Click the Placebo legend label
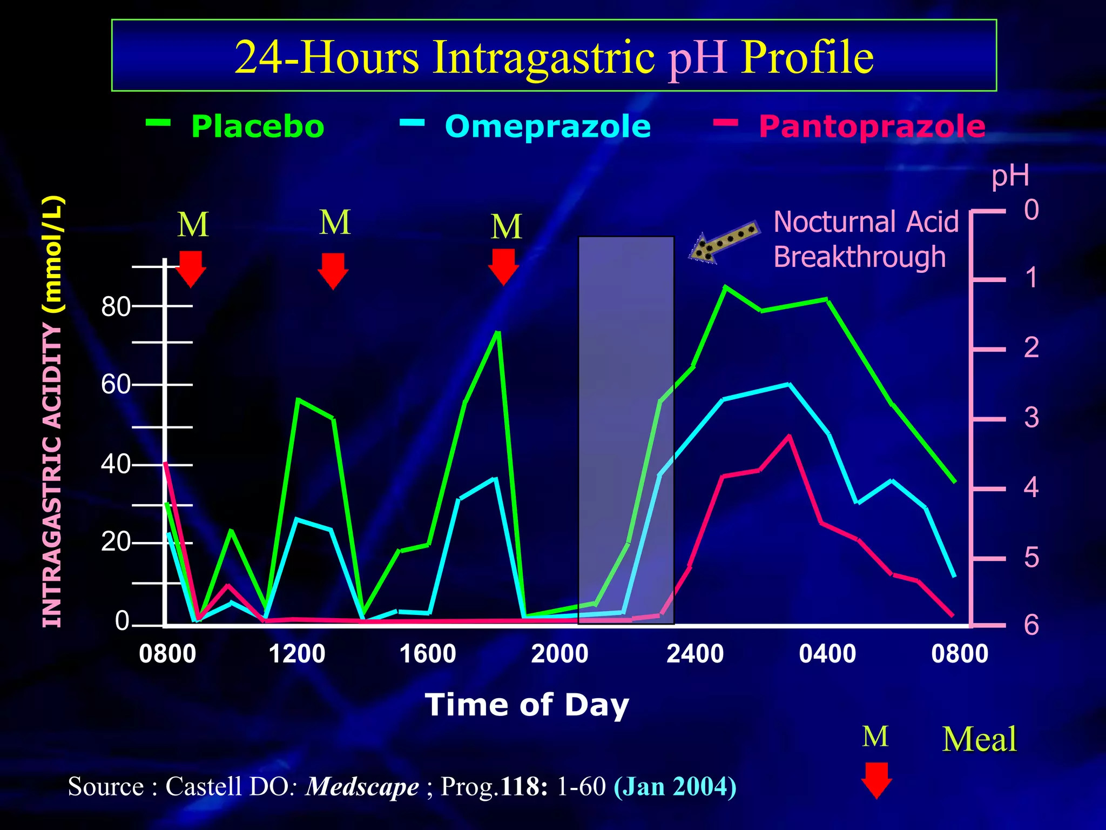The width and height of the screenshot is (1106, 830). click(258, 127)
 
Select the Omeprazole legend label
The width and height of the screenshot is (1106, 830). click(548, 127)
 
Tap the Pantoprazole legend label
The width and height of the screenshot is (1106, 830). click(872, 127)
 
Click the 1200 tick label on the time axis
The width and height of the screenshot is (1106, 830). click(297, 654)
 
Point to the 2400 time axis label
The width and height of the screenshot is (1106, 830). click(695, 654)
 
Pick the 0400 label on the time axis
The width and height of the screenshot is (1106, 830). click(827, 654)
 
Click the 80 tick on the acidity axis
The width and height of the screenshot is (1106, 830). click(116, 307)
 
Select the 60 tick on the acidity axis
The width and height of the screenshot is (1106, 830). click(116, 385)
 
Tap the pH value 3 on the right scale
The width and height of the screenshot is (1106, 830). click(1031, 418)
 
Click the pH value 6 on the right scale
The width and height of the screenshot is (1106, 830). click(1031, 625)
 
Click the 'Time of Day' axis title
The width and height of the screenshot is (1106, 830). click(527, 705)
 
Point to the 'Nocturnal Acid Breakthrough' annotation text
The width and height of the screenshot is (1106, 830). click(866, 239)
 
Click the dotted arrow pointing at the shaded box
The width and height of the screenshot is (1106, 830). click(724, 242)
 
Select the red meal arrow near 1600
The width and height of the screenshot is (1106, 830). click(503, 266)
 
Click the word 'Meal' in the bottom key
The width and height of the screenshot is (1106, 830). click(979, 739)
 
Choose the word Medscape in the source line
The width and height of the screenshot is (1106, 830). click(362, 787)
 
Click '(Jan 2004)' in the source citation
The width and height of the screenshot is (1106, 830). click(675, 787)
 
